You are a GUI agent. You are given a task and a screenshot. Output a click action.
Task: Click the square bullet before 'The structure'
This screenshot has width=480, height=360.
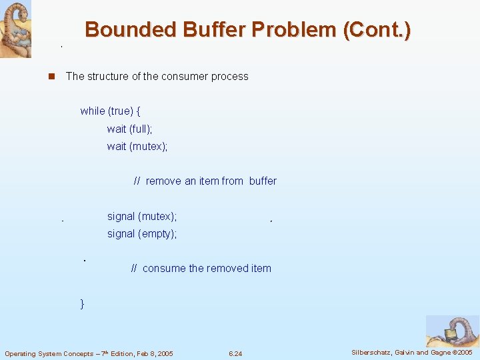51,77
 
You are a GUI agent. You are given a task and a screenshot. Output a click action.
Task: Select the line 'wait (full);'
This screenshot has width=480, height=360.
129,129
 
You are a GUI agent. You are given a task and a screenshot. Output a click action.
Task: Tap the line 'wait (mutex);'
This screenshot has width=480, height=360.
137,147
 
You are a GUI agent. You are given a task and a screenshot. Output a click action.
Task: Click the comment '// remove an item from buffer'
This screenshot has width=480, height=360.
205,181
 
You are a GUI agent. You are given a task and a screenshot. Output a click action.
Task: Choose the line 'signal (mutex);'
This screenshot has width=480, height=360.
141,217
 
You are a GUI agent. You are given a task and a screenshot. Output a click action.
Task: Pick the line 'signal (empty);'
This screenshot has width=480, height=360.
141,234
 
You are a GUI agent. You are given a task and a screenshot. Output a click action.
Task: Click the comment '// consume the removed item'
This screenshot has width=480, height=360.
201,269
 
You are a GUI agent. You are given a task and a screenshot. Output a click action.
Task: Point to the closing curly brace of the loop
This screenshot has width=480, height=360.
83,304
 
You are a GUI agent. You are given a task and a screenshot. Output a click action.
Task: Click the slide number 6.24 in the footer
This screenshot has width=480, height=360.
235,353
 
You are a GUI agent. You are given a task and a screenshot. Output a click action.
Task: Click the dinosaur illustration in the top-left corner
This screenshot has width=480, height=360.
15,29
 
